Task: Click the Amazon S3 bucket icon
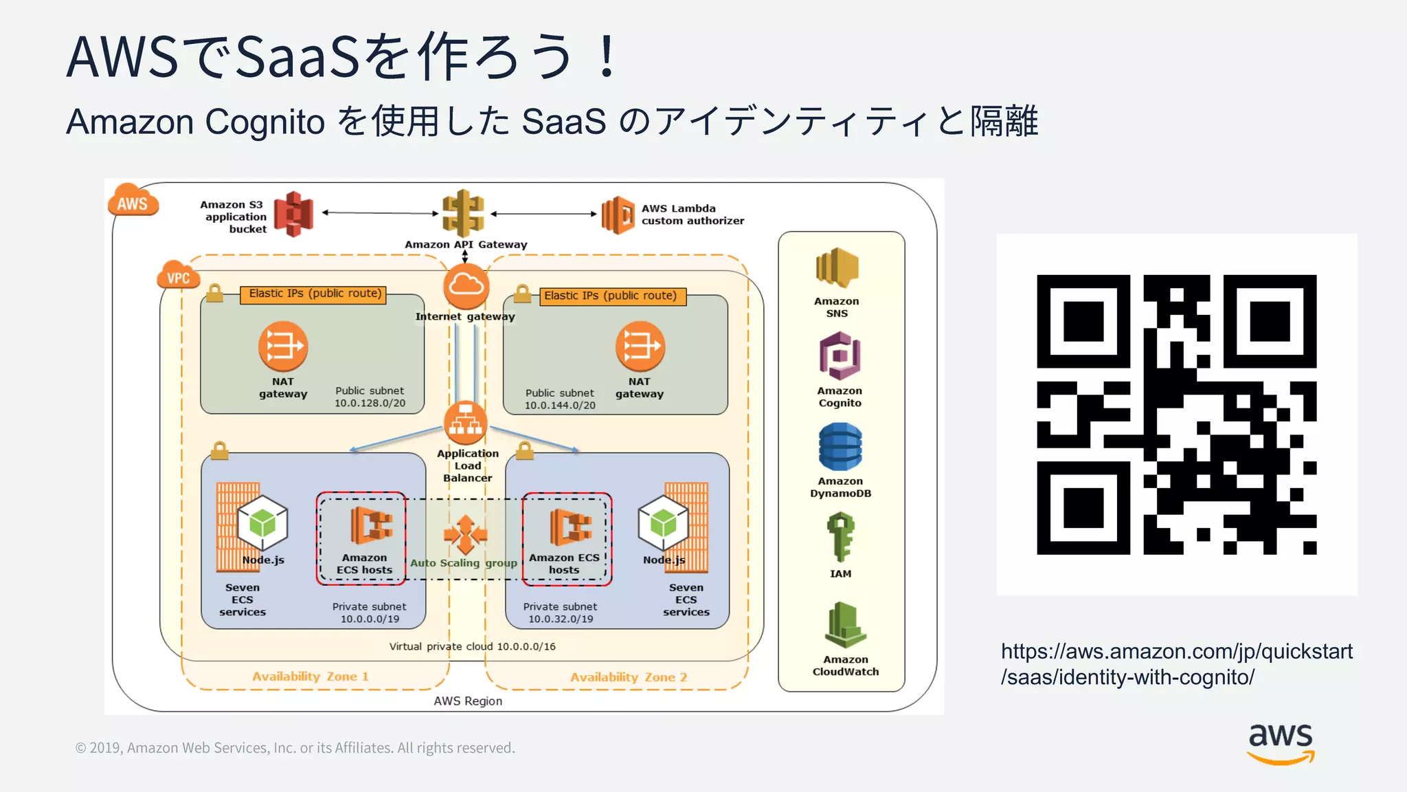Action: (x=293, y=214)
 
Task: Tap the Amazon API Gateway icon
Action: (x=463, y=213)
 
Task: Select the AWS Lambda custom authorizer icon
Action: (x=618, y=214)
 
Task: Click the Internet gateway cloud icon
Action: (x=466, y=287)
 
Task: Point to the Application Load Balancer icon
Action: (x=465, y=423)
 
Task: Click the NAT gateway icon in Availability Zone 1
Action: (x=282, y=346)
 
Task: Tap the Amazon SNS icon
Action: (x=837, y=268)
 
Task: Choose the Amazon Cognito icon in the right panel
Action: (x=840, y=356)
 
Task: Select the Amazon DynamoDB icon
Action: (x=840, y=447)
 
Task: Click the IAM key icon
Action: (x=840, y=536)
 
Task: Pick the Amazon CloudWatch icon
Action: (x=844, y=626)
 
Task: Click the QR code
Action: (x=1176, y=415)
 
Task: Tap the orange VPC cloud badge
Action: (x=178, y=276)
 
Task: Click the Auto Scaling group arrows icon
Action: (x=465, y=534)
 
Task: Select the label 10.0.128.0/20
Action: (x=370, y=403)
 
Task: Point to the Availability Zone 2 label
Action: (x=628, y=677)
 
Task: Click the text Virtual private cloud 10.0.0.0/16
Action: (x=472, y=646)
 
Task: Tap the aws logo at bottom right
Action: (x=1281, y=743)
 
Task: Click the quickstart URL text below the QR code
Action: (x=1175, y=664)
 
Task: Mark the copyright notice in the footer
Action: (x=295, y=748)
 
